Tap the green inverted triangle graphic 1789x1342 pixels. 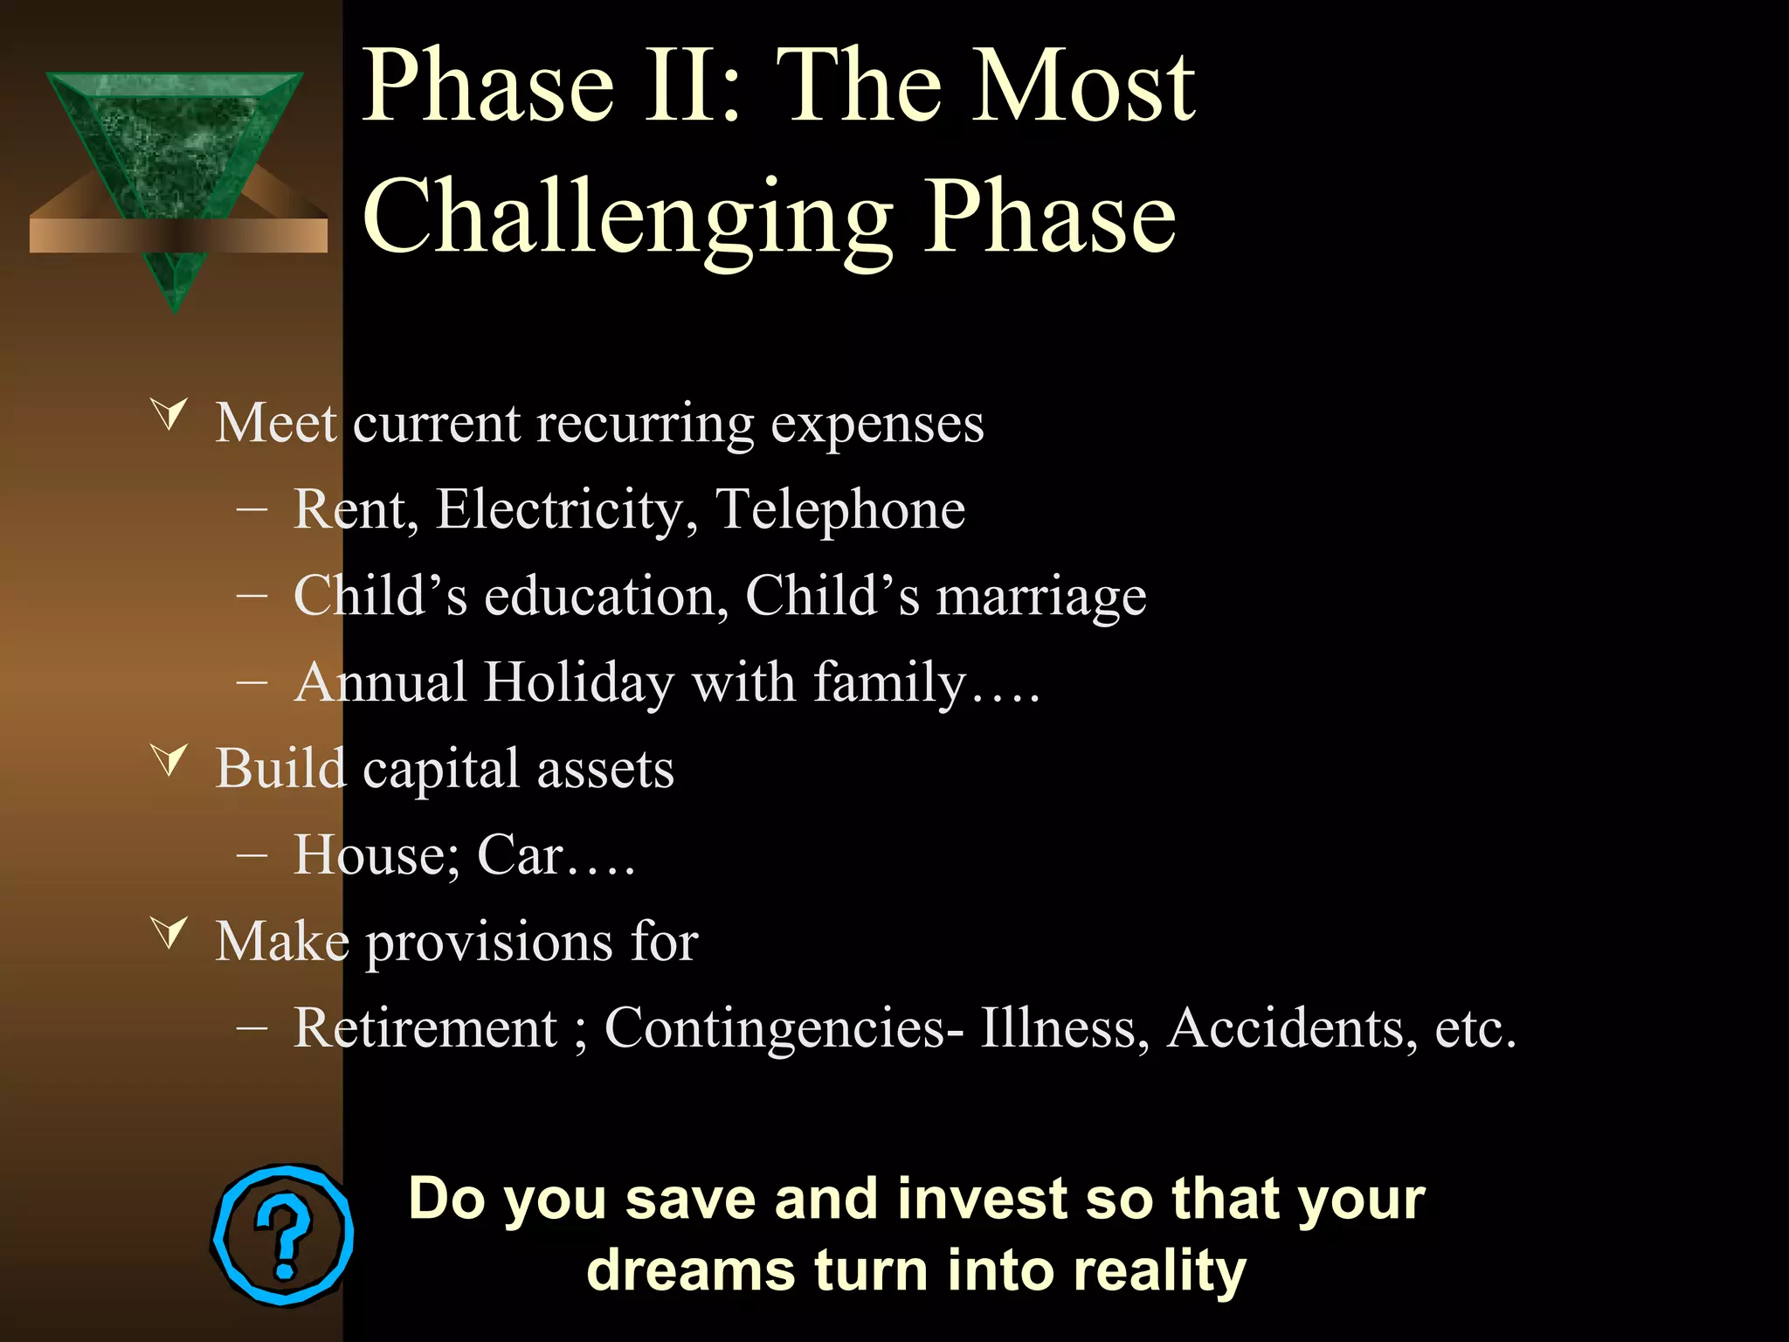tap(175, 149)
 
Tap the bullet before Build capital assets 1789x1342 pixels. tap(169, 759)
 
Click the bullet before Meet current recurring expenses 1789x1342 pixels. tap(169, 414)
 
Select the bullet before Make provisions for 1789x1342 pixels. tap(169, 932)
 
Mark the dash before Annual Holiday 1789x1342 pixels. tap(252, 682)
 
